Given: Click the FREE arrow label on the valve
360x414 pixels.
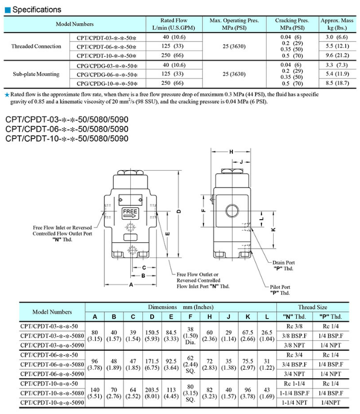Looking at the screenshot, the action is coord(130,213).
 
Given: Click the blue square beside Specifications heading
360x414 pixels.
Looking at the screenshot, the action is coord(8,10).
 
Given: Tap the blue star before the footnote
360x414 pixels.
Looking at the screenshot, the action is coord(7,95).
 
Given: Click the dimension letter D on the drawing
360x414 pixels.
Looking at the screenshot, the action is coord(179,211).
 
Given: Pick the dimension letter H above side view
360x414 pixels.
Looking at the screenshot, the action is coord(231,152).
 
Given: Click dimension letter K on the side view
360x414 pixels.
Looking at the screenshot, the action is coord(274,230).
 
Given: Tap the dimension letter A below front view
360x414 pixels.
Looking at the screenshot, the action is coord(131,284).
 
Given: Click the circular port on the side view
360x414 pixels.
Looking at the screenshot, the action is coord(232,211).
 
